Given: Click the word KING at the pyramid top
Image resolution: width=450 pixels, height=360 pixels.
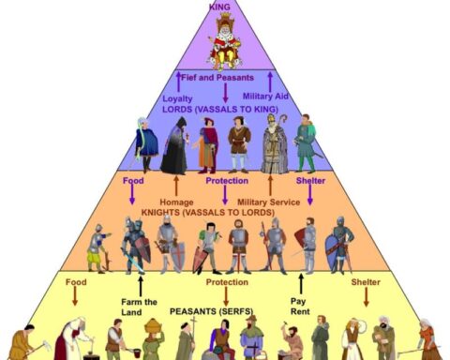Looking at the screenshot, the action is coord(219,7).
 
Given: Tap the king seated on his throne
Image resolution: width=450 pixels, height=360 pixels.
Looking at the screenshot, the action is coord(224,41).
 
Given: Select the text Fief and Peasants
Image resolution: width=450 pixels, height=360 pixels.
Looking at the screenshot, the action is coord(217,78).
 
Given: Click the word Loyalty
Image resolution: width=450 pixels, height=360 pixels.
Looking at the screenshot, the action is coord(177,98).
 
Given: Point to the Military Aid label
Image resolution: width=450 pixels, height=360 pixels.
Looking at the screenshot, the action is coord(265,97).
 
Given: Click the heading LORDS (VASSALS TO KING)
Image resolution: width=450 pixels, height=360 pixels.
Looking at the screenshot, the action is coord(220,110).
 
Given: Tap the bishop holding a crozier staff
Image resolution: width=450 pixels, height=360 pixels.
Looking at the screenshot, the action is coord(276,143).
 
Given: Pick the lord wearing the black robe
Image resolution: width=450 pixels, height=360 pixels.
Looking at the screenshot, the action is coord(174,146).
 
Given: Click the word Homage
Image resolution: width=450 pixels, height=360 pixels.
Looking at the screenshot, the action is coord(176,202).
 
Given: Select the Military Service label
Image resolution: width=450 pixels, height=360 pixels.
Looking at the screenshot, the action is coord(268,202).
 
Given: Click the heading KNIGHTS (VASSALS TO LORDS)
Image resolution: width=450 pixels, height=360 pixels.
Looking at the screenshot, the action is coord(208,213).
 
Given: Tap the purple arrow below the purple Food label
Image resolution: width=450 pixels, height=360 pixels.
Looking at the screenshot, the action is coord(132,195).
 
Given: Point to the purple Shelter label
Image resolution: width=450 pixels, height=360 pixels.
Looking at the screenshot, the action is coord(310,181).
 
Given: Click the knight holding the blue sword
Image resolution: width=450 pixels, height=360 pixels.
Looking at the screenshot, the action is coord(134,246).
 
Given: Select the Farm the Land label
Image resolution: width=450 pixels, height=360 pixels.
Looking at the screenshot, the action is coord(139,307).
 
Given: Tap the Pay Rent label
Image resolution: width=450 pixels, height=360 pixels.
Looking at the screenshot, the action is coord(300,307).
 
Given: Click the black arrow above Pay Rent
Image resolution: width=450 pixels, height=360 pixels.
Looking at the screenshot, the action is coord(301,284).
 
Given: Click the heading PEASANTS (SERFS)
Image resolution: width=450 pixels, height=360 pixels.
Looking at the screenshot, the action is coord(211,311).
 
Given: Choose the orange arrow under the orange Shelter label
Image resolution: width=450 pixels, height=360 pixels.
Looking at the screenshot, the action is coord(367,297).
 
